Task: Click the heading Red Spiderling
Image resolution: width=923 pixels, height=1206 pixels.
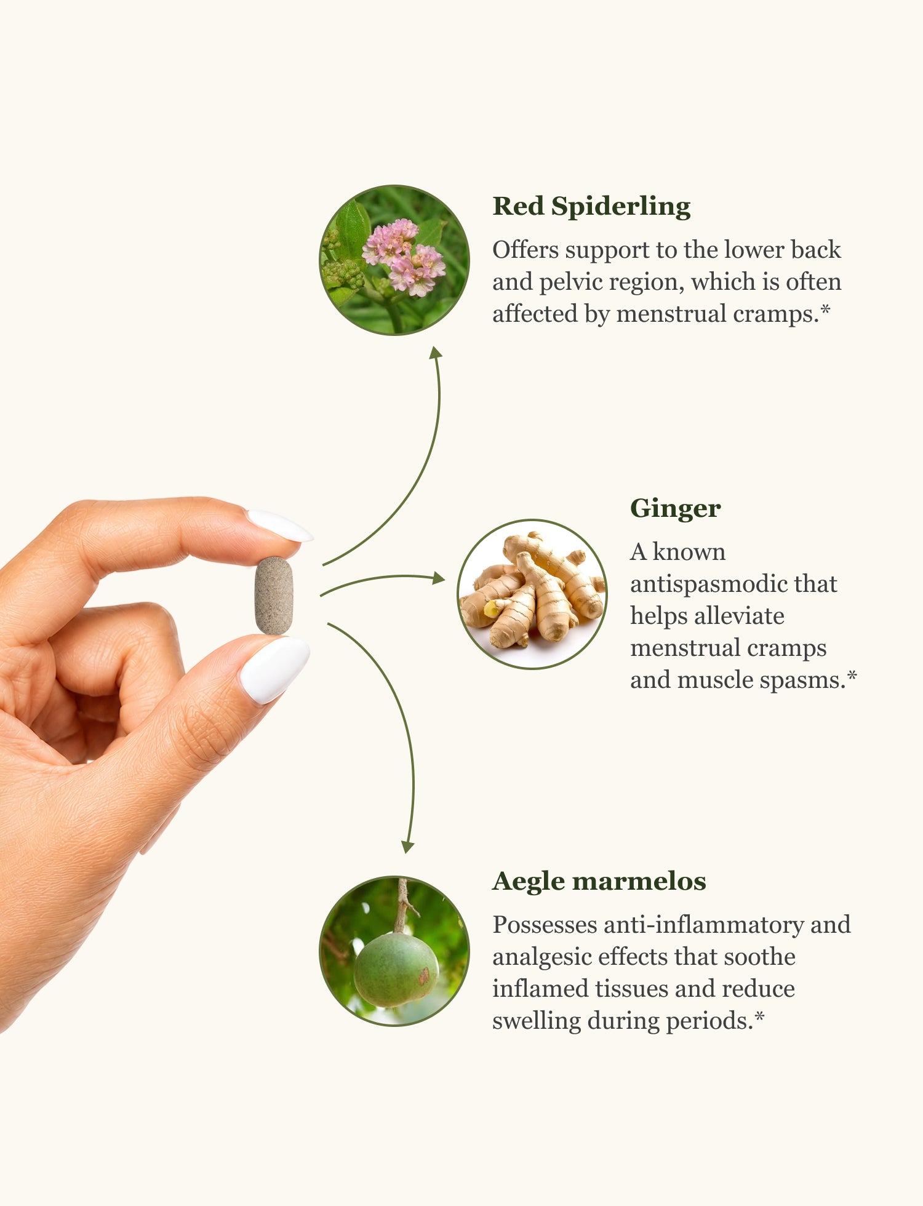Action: pos(591,207)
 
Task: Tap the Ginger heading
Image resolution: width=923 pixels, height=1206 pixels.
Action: pos(675,509)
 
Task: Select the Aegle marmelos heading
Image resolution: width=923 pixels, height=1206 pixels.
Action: pos(599,881)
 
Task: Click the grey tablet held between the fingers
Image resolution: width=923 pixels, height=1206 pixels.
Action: pos(274,596)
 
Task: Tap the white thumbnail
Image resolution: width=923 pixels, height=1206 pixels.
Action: pos(274,669)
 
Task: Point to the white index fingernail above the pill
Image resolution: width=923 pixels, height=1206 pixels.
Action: pos(279,525)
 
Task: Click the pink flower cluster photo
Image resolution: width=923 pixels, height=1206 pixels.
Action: pos(394,260)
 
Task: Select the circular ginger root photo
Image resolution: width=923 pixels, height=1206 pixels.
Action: pos(532,594)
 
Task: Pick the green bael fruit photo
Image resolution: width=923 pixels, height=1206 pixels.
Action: pos(394,951)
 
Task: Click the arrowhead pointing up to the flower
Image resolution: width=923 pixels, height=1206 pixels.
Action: pos(436,351)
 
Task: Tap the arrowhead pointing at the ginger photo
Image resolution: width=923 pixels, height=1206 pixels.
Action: pos(439,578)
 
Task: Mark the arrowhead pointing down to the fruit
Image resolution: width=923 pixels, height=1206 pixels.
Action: pos(407,847)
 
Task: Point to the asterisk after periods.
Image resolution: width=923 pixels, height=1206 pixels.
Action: pos(759,1016)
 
